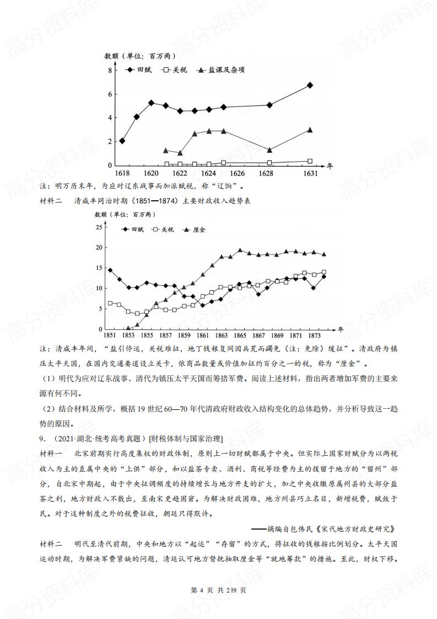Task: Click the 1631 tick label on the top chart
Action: pyautogui.click(x=310, y=173)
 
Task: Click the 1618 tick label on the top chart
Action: pyautogui.click(x=122, y=173)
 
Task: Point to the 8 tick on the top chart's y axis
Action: pyautogui.click(x=110, y=71)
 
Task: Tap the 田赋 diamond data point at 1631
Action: pyautogui.click(x=310, y=85)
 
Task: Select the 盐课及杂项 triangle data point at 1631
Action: pyautogui.click(x=310, y=130)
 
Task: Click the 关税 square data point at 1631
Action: pyautogui.click(x=310, y=161)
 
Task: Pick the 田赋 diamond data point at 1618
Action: pyautogui.click(x=122, y=141)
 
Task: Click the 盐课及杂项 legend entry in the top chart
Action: pyautogui.click(x=222, y=70)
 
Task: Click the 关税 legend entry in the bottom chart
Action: pyautogui.click(x=162, y=228)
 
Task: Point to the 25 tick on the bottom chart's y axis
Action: pyautogui.click(x=99, y=227)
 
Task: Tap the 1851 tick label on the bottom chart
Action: pyautogui.click(x=110, y=335)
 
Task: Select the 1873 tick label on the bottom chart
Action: pyautogui.click(x=314, y=335)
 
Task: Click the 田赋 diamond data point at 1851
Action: pyautogui.click(x=110, y=270)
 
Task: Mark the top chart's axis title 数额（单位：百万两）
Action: pyautogui.click(x=141, y=56)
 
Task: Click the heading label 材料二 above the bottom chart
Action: pyautogui.click(x=53, y=201)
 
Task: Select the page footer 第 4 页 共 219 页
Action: pyautogui.click(x=218, y=590)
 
